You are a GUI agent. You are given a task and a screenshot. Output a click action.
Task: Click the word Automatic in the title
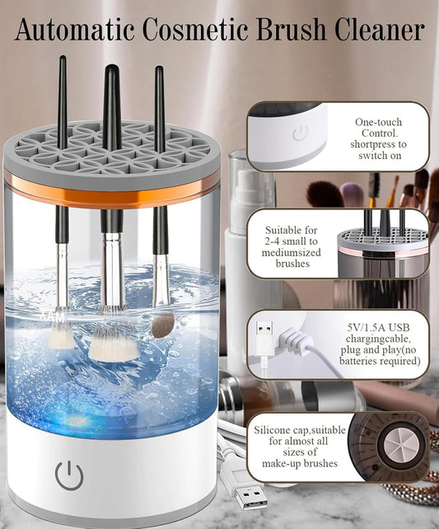(x=74, y=30)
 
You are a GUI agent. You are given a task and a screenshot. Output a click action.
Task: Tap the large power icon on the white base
(x=69, y=475)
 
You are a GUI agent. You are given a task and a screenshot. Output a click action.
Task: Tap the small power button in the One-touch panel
(x=300, y=133)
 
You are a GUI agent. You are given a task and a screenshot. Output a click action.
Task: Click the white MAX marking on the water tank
(x=53, y=316)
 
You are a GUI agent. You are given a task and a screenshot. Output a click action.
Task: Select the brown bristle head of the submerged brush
(x=162, y=325)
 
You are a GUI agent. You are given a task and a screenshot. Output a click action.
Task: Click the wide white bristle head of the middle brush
(x=114, y=344)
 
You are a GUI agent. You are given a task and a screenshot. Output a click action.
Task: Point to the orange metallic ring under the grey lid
(x=111, y=191)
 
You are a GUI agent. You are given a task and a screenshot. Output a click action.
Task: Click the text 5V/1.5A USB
(x=378, y=327)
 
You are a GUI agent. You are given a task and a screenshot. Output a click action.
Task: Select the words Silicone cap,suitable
(x=300, y=430)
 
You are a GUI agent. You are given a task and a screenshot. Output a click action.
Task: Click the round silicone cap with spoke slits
(x=398, y=445)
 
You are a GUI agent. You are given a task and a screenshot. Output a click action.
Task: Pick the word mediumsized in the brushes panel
(x=292, y=252)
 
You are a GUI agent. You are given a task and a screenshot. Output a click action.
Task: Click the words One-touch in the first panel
(x=378, y=122)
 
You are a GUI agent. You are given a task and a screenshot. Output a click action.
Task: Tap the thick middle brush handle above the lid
(x=112, y=107)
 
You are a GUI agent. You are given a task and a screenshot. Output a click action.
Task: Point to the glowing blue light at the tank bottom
(x=78, y=421)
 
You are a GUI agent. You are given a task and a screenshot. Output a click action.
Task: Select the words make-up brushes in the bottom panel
(x=300, y=464)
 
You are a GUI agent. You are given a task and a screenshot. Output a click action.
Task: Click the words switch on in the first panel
(x=380, y=156)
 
